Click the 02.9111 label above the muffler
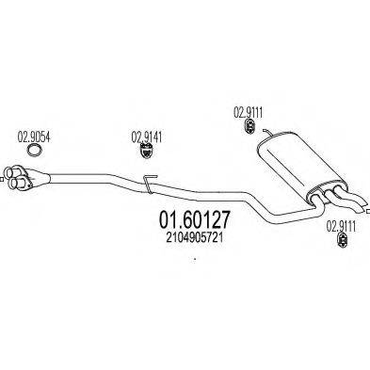[248, 111]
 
